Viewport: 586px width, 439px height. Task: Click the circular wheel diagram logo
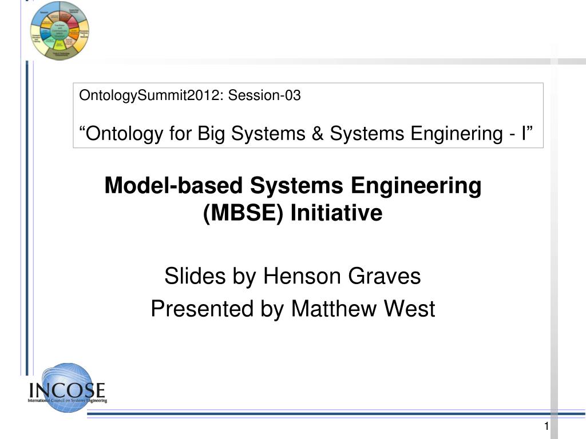[x=60, y=31]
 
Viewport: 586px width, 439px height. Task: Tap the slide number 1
[x=547, y=427]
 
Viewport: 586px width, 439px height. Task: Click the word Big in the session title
[x=213, y=134]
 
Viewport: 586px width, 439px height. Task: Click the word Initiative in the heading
[x=336, y=213]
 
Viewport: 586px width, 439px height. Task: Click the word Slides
[x=195, y=277]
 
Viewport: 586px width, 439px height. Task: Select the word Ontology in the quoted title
[x=124, y=134]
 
